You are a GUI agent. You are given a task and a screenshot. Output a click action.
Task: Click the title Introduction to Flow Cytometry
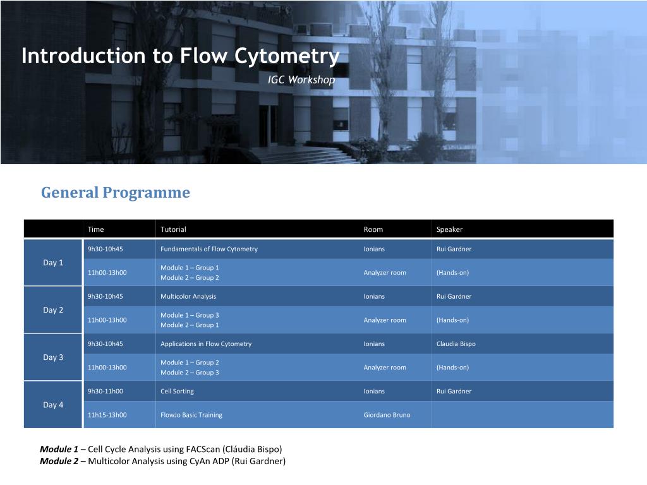180,56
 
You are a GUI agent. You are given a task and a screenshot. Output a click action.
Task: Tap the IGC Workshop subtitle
301,80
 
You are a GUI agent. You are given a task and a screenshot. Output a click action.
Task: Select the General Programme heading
116,192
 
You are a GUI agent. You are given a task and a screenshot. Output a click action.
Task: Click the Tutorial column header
173,229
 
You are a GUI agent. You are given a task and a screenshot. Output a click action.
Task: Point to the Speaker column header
449,229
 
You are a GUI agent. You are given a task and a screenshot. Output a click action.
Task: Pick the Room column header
373,229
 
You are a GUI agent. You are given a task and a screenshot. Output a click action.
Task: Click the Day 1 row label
53,263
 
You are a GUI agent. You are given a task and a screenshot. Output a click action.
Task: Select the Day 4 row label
53,405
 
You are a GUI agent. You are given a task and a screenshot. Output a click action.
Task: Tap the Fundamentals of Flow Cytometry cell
209,249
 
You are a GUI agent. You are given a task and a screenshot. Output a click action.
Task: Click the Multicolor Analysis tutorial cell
188,297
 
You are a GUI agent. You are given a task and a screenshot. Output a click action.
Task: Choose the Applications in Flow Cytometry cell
206,344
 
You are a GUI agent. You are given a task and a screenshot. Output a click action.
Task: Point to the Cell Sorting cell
177,392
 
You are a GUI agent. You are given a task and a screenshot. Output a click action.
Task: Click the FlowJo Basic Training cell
191,415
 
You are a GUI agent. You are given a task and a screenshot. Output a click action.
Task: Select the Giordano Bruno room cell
387,415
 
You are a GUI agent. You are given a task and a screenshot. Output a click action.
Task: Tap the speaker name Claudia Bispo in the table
456,344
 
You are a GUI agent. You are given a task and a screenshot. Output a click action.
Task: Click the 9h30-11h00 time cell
106,392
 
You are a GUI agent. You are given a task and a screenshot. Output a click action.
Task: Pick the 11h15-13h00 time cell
107,415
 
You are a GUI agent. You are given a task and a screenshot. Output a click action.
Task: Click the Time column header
95,229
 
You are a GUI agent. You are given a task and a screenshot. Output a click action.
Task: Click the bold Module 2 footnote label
59,461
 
